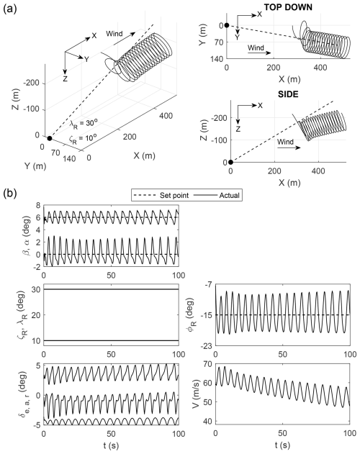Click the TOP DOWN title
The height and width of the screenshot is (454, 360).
click(x=288, y=7)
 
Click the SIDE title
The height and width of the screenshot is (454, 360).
click(x=288, y=94)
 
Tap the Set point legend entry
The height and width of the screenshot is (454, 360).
click(x=161, y=196)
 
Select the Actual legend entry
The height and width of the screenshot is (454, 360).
click(x=217, y=196)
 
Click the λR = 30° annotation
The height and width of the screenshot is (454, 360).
click(x=83, y=124)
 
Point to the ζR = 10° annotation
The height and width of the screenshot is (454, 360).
click(x=83, y=138)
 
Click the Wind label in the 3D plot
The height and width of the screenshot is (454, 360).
click(x=114, y=34)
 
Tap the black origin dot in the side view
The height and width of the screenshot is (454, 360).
click(x=230, y=162)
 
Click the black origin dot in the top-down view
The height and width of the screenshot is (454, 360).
click(x=227, y=25)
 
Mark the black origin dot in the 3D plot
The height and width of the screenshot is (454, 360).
click(x=50, y=138)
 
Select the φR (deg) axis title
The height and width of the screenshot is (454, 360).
click(x=193, y=314)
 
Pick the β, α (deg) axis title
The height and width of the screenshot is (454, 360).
click(x=26, y=236)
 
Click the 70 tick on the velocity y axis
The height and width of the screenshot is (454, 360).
click(x=208, y=364)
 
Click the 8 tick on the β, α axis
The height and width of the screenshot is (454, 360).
click(x=37, y=205)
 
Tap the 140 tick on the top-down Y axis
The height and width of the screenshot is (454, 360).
click(x=217, y=59)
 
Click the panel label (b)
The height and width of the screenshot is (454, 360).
click(x=10, y=193)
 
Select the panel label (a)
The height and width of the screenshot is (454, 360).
click(x=10, y=9)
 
